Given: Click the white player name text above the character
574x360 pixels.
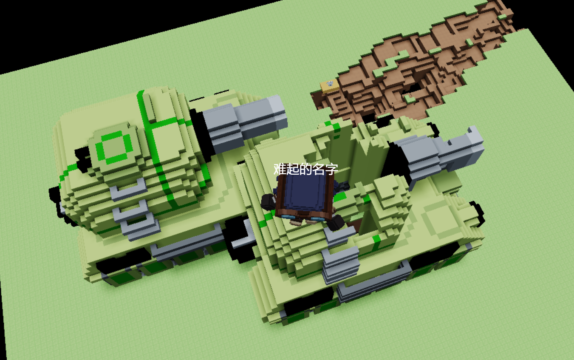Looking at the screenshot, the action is [x=306, y=169].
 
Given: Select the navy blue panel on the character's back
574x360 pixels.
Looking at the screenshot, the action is [x=305, y=192].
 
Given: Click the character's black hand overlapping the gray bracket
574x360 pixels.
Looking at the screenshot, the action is [x=336, y=222].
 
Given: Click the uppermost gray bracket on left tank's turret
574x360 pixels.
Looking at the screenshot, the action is [x=128, y=190].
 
